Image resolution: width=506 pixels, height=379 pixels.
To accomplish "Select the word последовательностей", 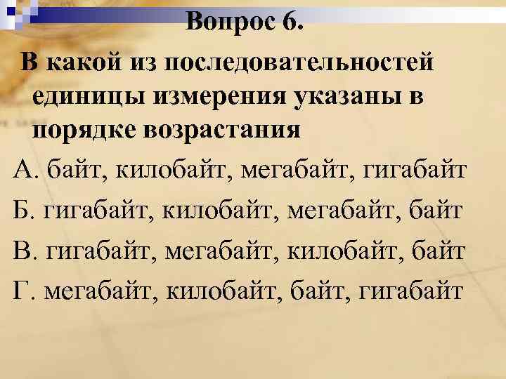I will [x=296, y=62].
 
